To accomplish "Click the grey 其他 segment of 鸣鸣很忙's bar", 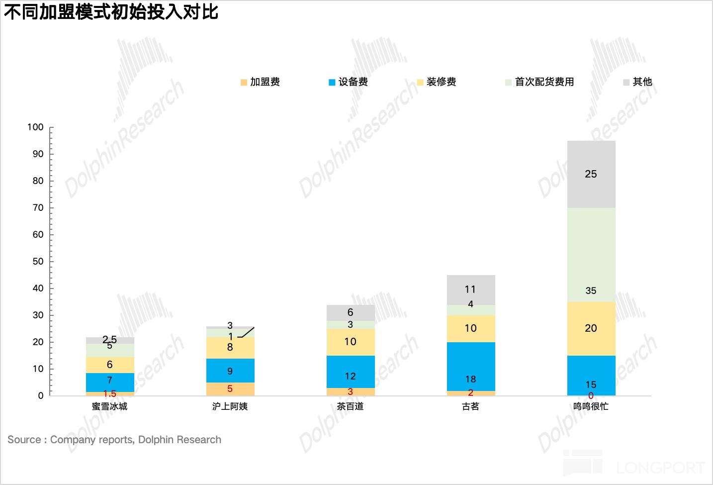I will pos(591,174).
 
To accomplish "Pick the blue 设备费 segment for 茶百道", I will pos(351,372).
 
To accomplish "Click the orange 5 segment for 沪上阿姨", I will pos(230,389).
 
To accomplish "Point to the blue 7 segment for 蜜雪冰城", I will pos(110,382).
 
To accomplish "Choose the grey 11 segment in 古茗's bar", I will pos(471,290).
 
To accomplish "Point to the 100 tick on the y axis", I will pos(36,127).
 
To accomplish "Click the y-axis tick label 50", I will pos(38,262).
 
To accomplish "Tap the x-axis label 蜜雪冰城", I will pos(110,406).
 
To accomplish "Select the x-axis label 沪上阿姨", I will pos(230,406).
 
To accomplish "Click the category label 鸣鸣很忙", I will pos(591,406).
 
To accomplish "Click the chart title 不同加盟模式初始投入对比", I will pos(111,12).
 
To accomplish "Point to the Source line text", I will pos(114,440).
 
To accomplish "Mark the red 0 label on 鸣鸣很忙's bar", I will pos(591,396).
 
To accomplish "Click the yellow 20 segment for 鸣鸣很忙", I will pos(591,328).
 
